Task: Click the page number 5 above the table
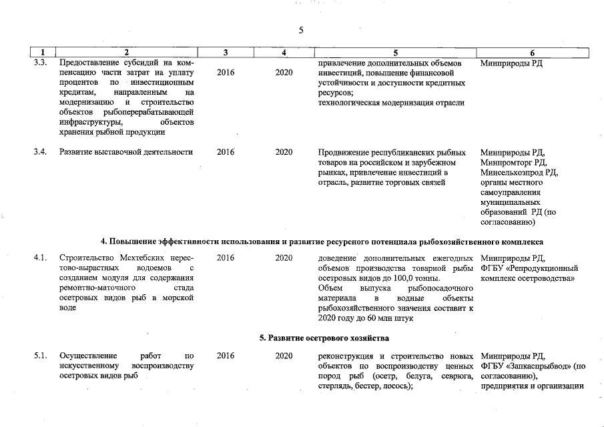(301, 30)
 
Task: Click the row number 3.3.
(40, 63)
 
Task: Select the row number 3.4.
(40, 152)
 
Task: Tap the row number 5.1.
(40, 356)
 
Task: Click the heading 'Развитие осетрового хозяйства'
(324, 338)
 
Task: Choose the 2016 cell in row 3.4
(226, 152)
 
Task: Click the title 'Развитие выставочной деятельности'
(126, 152)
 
